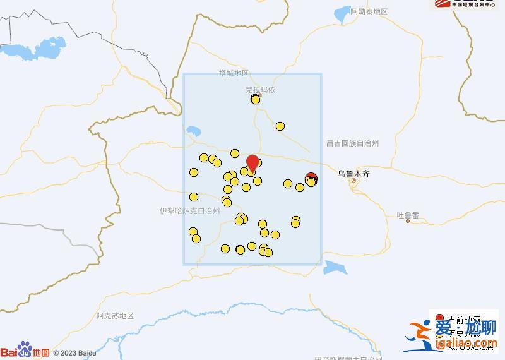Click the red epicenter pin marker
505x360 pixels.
(x=252, y=162)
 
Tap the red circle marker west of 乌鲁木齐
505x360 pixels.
(x=311, y=178)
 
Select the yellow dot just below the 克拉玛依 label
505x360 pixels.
(x=255, y=99)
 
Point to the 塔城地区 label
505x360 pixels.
(x=234, y=73)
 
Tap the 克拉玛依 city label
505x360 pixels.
(x=260, y=90)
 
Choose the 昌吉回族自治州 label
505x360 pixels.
(x=353, y=143)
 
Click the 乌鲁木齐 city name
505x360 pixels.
(x=354, y=172)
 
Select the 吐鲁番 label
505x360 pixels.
(x=408, y=215)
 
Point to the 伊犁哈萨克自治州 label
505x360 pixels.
(x=189, y=211)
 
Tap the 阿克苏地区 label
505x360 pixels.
(x=116, y=315)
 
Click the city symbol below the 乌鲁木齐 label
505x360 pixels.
(x=354, y=181)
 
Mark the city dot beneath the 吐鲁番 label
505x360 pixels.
(x=408, y=221)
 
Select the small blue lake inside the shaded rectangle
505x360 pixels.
(x=193, y=133)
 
